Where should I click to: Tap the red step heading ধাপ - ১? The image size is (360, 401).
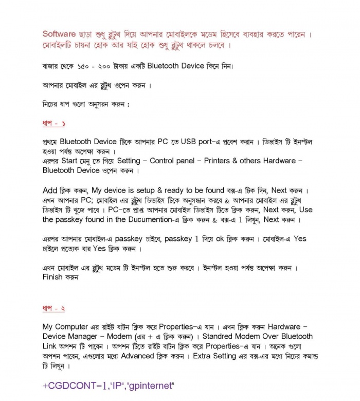(53, 124)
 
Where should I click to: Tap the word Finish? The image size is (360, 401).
(52, 277)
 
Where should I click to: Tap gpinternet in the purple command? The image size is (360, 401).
(151, 386)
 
